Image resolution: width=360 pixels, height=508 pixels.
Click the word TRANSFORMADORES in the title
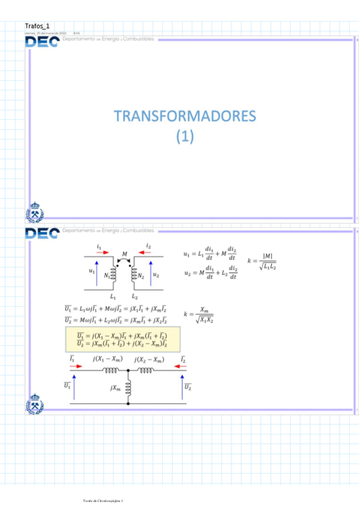point(185,116)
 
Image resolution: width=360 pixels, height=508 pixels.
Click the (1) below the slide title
point(186,137)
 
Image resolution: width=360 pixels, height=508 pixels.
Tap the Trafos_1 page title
point(37,26)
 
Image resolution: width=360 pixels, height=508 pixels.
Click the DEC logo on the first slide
point(42,41)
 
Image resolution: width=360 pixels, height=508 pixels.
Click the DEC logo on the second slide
point(42,232)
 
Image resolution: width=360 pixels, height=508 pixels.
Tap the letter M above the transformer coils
point(124,254)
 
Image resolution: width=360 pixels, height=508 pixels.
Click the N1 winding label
point(107,276)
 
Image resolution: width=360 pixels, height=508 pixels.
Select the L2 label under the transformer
point(135,296)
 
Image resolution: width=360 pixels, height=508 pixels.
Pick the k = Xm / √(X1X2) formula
point(199,314)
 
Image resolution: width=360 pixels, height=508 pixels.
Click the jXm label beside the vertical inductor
point(116,388)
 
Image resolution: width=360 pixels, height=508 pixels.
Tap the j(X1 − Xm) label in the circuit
point(107,359)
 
